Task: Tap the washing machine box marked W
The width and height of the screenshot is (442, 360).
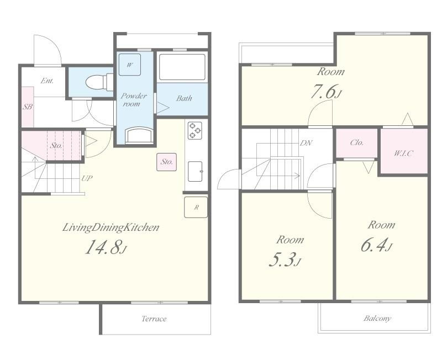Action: click(130, 65)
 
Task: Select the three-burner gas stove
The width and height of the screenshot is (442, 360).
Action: click(195, 130)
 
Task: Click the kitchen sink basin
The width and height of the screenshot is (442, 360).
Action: click(195, 171)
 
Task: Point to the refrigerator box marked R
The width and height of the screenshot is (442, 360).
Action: click(196, 207)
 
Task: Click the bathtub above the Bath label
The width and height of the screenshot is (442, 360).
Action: click(182, 67)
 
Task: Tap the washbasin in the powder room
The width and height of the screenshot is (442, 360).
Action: click(139, 135)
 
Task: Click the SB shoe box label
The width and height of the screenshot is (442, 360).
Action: click(28, 107)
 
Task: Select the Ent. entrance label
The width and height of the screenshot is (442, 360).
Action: click(47, 81)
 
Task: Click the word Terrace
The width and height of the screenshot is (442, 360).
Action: click(154, 319)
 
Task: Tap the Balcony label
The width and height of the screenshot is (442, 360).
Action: click(377, 318)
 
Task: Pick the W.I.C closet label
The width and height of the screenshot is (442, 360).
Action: click(403, 153)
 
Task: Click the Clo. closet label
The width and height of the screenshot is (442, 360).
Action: click(357, 142)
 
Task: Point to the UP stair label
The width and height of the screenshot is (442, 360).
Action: click(87, 178)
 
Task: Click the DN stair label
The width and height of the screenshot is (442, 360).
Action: click(306, 143)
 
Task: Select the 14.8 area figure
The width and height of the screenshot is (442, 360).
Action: click(103, 247)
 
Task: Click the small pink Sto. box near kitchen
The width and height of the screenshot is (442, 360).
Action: click(167, 162)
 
